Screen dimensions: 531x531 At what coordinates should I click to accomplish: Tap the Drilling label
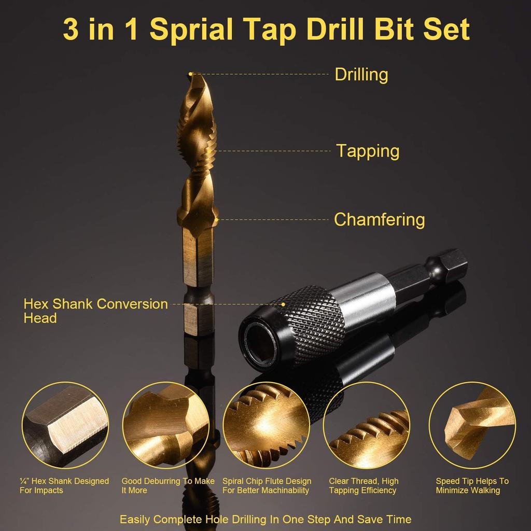(x=361, y=74)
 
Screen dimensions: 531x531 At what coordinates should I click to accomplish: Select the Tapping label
(x=368, y=151)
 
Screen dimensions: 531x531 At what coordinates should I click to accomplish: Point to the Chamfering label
(x=379, y=219)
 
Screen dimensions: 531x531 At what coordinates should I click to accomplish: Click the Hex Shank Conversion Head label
(x=95, y=311)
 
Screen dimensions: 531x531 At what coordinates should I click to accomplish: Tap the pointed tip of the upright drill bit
(x=191, y=74)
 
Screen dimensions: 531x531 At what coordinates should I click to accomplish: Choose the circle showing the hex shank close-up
(x=65, y=425)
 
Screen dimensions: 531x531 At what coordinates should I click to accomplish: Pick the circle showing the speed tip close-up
(x=472, y=425)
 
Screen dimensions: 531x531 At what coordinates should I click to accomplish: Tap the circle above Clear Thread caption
(x=366, y=425)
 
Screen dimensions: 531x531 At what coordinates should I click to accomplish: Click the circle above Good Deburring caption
(x=166, y=425)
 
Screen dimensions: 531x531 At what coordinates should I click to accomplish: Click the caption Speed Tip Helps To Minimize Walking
(x=472, y=485)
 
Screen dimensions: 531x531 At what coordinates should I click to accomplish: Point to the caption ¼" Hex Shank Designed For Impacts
(x=64, y=485)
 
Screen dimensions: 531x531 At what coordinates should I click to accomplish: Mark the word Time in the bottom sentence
(x=398, y=519)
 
